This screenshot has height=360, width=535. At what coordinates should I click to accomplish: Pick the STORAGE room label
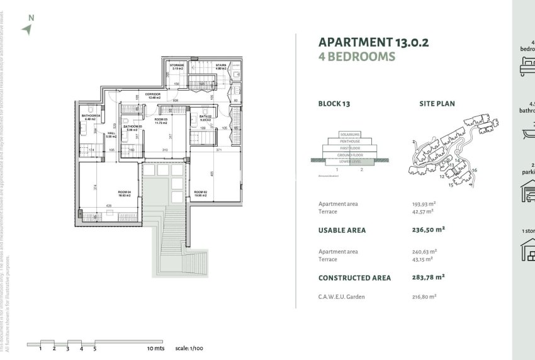(177, 65)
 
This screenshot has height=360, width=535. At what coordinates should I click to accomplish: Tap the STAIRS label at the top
(221, 65)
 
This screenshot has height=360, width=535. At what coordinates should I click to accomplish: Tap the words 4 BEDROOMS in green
(357, 57)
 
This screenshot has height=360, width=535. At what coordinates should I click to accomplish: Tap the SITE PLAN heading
(437, 104)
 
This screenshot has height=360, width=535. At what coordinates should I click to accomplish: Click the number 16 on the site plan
(475, 170)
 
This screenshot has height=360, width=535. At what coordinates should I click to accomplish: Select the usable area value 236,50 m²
(422, 230)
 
